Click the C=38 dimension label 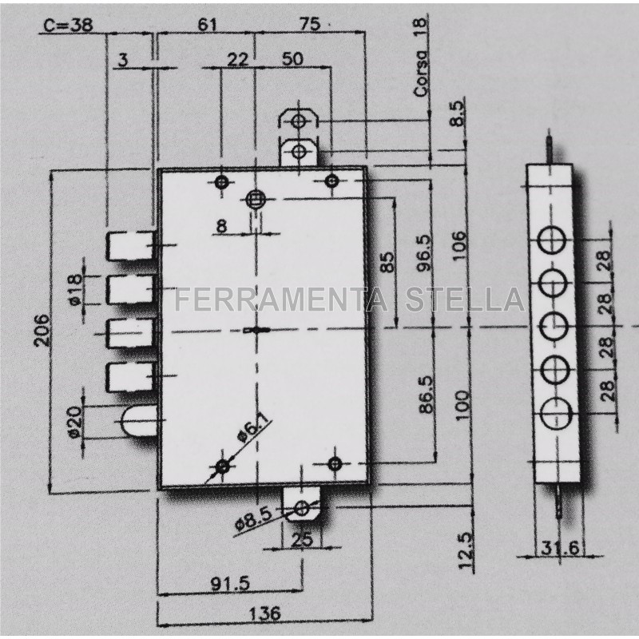click(x=68, y=26)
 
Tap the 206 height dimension click(x=43, y=330)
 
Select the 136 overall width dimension click(x=264, y=613)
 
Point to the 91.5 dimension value click(x=230, y=585)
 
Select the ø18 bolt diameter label click(x=75, y=289)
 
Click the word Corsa click(x=422, y=73)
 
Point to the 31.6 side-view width click(x=560, y=548)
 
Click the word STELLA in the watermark click(x=465, y=300)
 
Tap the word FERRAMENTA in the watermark click(x=281, y=300)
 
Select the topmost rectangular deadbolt click(x=130, y=246)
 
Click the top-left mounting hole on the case click(x=222, y=182)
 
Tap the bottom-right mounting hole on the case click(x=335, y=464)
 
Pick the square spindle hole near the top click(x=256, y=199)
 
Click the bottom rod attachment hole click(x=302, y=508)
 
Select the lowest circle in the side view click(x=556, y=413)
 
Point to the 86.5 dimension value click(x=427, y=395)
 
